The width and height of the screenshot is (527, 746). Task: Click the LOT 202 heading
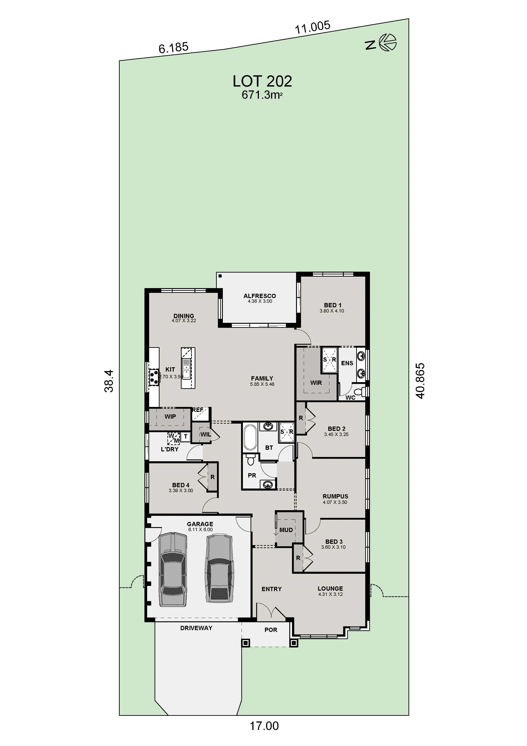[x=262, y=81]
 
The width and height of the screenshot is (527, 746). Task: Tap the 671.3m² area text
[x=262, y=95]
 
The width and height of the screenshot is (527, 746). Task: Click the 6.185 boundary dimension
[x=173, y=48]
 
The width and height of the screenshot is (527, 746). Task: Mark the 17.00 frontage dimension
[x=264, y=725]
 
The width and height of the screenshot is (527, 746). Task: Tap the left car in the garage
[x=173, y=569]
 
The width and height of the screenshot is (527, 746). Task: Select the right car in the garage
[x=219, y=568]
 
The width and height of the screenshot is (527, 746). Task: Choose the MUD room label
[x=286, y=530]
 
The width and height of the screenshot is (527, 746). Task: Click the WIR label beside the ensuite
[x=316, y=383]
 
